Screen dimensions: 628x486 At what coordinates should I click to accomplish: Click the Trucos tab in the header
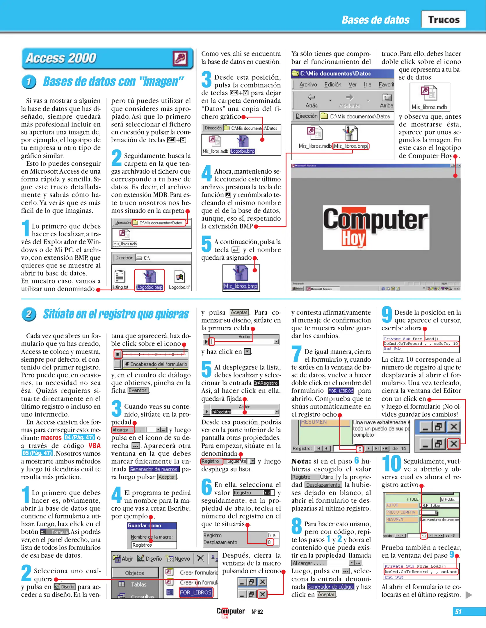click(x=443, y=19)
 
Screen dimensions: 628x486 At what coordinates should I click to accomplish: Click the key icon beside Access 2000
click(x=180, y=58)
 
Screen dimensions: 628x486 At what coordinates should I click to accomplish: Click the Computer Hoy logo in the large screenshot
click(x=375, y=227)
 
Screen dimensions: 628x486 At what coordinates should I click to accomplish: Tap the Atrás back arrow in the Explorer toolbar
click(x=311, y=97)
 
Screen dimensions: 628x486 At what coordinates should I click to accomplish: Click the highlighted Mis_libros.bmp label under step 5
click(x=241, y=286)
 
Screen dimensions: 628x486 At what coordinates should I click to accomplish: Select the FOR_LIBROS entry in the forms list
click(x=195, y=592)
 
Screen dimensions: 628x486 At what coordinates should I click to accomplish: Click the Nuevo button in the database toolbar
click(x=178, y=559)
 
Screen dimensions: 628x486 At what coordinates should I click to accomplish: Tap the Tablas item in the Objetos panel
click(x=138, y=584)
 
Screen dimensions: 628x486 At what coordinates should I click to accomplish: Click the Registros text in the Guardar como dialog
click(x=142, y=545)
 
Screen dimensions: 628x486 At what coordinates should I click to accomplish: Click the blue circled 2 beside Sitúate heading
click(x=29, y=314)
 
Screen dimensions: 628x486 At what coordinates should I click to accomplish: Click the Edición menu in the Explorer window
click(x=333, y=84)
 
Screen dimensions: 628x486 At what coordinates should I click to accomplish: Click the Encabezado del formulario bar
click(x=155, y=364)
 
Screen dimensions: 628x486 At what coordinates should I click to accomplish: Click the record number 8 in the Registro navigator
click(x=360, y=449)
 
